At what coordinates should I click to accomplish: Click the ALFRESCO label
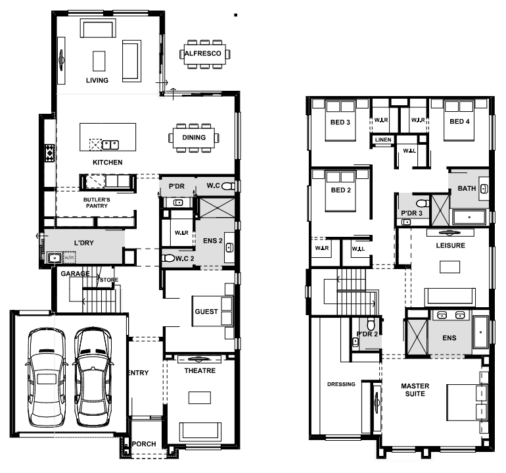click(x=202, y=53)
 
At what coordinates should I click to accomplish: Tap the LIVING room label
click(x=97, y=80)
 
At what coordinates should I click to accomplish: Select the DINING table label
click(x=194, y=137)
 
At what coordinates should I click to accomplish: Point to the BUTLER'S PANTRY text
click(x=97, y=203)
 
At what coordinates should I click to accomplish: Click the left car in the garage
click(x=47, y=378)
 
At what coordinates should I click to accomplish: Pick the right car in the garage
click(x=93, y=378)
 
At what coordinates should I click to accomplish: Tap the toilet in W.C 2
click(x=168, y=258)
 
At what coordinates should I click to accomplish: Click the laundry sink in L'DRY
click(x=55, y=258)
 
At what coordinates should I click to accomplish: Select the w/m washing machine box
click(x=70, y=257)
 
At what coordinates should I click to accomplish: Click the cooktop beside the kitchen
click(x=50, y=152)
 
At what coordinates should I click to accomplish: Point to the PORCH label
click(x=144, y=444)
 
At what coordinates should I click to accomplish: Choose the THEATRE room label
click(x=200, y=370)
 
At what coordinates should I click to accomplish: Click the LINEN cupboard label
click(x=383, y=139)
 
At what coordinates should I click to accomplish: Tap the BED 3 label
click(x=340, y=122)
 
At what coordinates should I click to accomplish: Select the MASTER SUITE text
click(x=415, y=389)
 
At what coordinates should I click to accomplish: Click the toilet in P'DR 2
click(x=371, y=323)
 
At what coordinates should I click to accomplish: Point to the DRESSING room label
click(x=341, y=384)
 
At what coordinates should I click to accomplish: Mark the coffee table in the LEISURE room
click(x=450, y=267)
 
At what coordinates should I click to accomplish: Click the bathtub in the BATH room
click(x=469, y=217)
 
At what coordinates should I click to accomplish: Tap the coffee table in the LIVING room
click(x=99, y=61)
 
